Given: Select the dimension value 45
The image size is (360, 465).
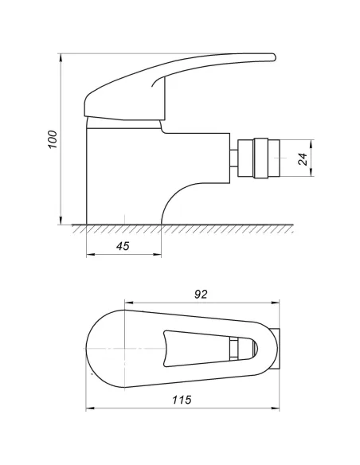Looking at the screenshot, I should coord(123,246).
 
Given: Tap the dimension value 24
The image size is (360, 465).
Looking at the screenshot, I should coord(303,158).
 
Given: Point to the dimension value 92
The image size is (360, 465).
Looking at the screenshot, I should coord(201,294).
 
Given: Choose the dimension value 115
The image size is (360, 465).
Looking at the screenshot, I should coord(182,401).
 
